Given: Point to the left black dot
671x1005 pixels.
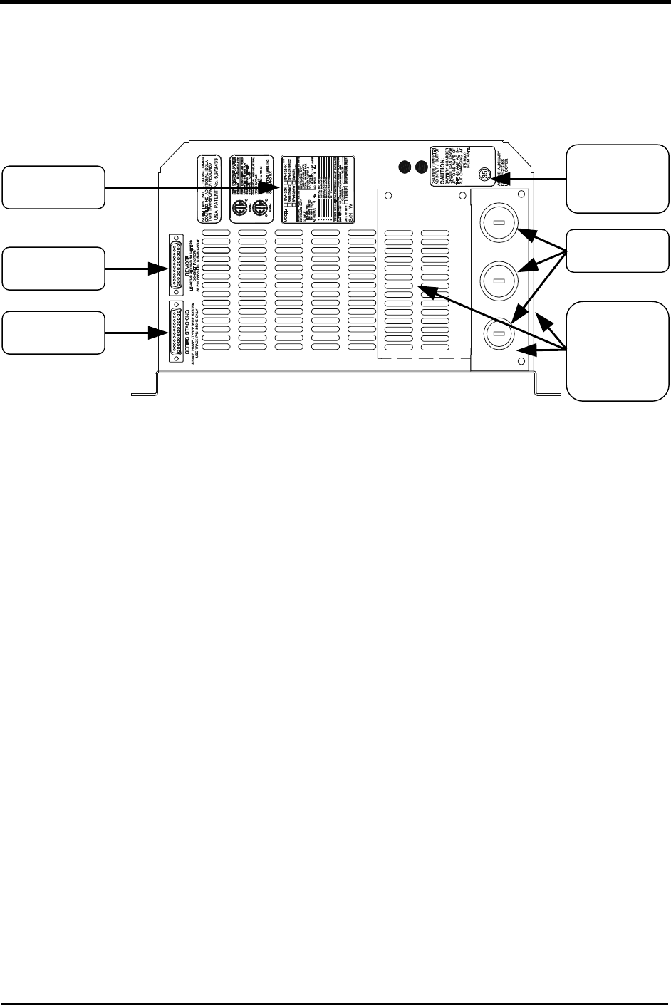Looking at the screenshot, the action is pyautogui.click(x=406, y=167).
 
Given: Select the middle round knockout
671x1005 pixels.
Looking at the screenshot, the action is pyautogui.click(x=499, y=281).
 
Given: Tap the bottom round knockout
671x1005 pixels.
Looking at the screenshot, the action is pyautogui.click(x=499, y=333).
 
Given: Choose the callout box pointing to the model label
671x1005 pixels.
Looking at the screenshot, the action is pyautogui.click(x=53, y=187).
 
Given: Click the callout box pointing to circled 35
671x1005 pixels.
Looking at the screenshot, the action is pyautogui.click(x=617, y=178).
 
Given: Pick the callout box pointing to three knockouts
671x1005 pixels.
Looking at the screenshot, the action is pyautogui.click(x=617, y=251).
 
